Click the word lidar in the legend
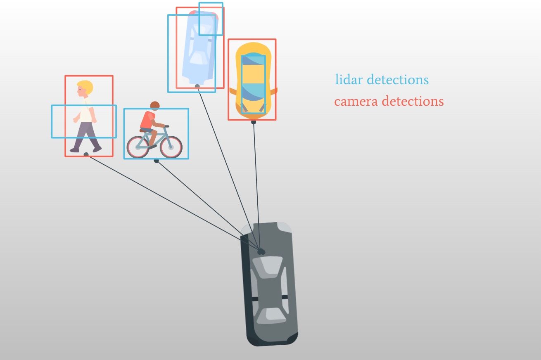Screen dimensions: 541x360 (x=349, y=79)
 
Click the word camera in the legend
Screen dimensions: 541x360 (x=356, y=102)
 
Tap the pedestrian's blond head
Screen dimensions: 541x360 (x=85, y=88)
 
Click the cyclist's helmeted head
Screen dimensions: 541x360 (x=155, y=106)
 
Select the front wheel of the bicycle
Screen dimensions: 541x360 (x=171, y=147)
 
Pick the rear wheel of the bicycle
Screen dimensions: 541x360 (x=138, y=147)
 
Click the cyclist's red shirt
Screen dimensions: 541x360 (x=148, y=120)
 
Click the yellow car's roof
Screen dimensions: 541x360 (x=253, y=74)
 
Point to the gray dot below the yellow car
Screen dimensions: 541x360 (x=253, y=122)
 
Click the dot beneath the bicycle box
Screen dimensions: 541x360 (x=156, y=161)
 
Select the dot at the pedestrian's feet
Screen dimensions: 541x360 (x=86, y=154)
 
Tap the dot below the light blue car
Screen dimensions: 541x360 (x=197, y=86)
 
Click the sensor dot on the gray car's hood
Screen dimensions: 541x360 (x=261, y=252)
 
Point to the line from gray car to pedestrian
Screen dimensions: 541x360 (x=173, y=202)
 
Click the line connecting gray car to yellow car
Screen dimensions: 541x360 (x=256, y=186)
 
